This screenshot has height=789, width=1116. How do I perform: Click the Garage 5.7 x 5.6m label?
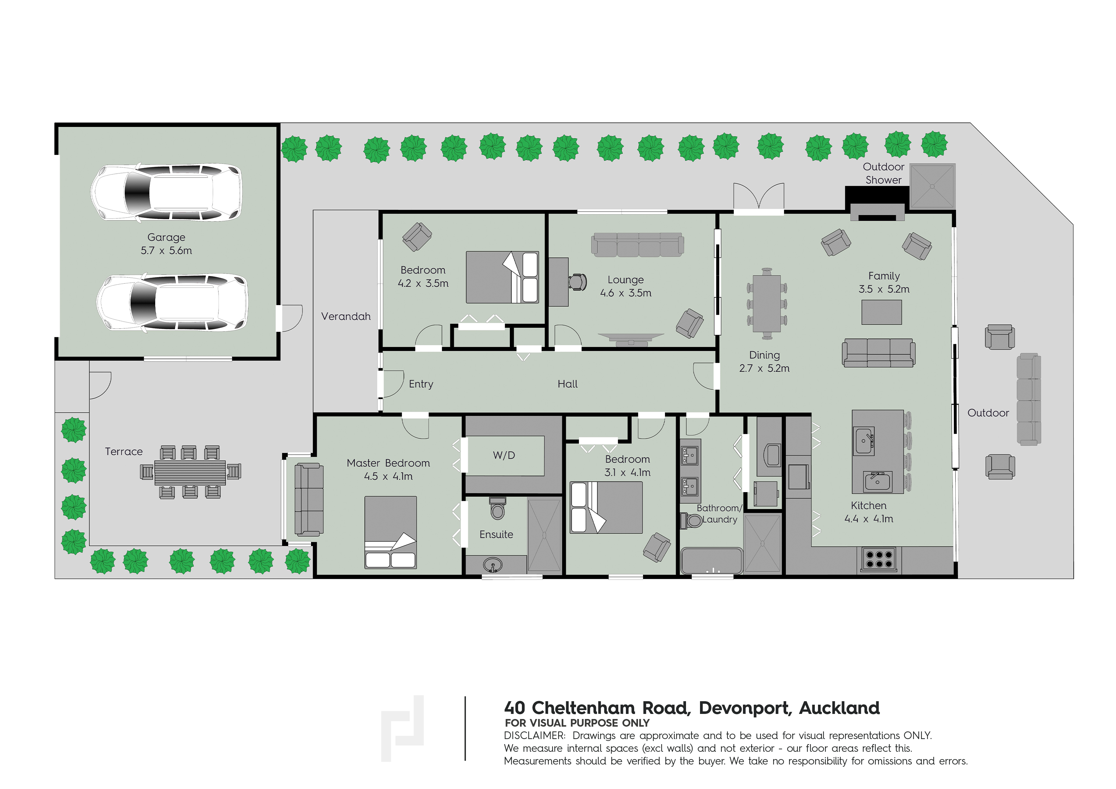(x=166, y=244)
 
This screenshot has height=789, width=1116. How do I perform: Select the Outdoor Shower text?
(x=883, y=173)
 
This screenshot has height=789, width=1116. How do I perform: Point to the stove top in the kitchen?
(x=879, y=559)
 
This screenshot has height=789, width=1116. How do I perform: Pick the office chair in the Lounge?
(x=578, y=282)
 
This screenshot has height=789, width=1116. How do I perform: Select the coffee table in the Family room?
(x=881, y=312)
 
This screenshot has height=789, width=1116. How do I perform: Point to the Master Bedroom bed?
(x=390, y=532)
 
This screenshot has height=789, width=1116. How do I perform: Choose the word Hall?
(x=567, y=384)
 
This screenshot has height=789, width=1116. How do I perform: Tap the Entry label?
(x=421, y=384)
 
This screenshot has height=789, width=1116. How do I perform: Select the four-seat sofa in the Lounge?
(x=637, y=245)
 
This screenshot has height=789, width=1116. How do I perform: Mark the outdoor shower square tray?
(x=932, y=186)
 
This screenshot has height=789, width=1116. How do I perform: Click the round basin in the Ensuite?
(x=493, y=565)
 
